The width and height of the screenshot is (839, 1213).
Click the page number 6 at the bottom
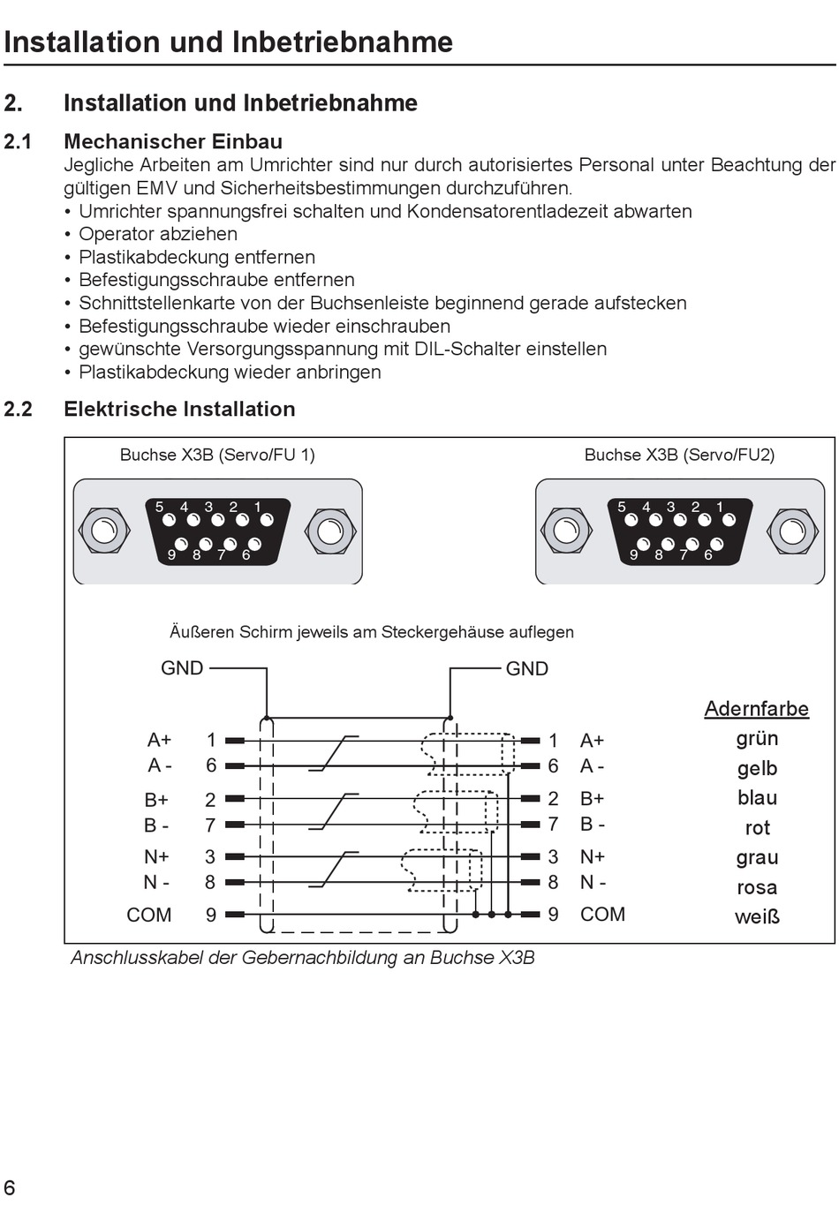10,1187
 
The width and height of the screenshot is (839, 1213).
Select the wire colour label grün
757,739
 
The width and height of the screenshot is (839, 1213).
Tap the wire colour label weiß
757,917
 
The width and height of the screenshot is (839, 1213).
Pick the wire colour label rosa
757,887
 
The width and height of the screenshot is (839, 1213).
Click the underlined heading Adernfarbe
756,709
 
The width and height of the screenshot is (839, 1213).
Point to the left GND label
182,668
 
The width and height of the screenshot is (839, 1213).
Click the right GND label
527,669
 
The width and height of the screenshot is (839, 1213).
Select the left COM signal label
149,915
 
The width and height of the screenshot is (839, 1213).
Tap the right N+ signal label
593,856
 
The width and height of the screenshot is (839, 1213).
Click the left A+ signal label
160,740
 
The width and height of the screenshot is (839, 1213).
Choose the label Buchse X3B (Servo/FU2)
679,455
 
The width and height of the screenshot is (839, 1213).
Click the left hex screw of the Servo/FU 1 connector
104,531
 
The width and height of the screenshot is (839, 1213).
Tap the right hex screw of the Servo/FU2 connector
792,531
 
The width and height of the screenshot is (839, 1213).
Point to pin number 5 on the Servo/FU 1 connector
160,508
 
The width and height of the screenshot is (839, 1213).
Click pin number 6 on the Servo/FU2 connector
708,554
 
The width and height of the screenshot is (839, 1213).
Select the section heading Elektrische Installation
179,409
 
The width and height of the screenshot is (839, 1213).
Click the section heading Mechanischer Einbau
173,141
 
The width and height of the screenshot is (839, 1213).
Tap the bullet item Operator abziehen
158,234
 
